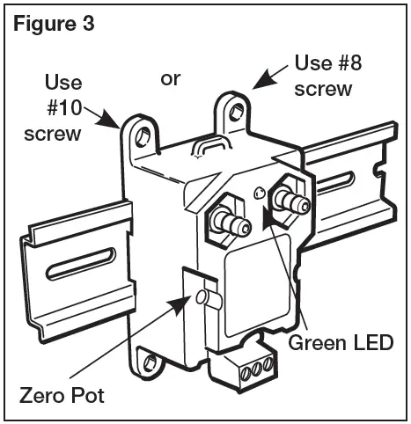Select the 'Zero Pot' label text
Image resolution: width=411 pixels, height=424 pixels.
coord(62,395)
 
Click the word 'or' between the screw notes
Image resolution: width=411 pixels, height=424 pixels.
coord(170,78)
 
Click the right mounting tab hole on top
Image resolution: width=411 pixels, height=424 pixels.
coord(234,112)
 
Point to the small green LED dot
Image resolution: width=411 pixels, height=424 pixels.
coord(258,193)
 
